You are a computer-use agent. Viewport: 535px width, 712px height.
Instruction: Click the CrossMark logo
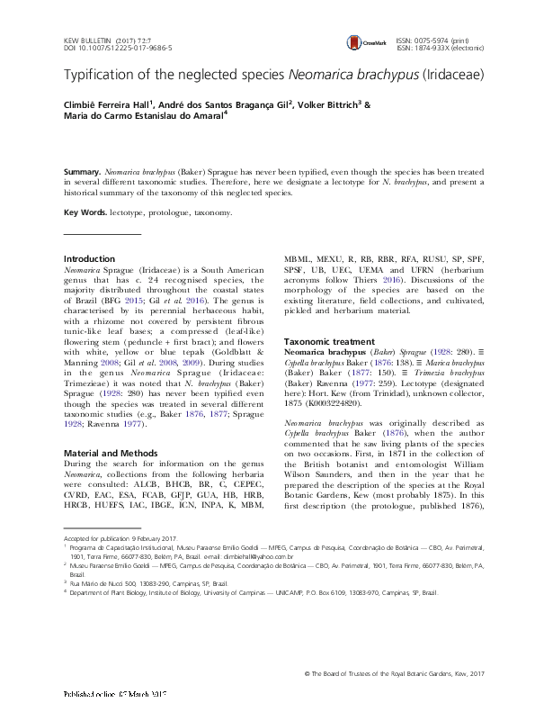[x=362, y=41]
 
